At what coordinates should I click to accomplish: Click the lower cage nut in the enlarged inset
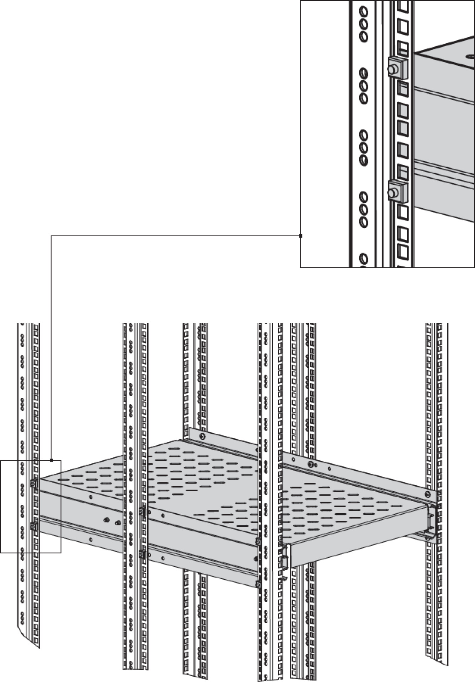click(395, 192)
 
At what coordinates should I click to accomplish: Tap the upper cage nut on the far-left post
click(34, 483)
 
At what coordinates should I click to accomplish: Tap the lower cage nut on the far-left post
click(34, 526)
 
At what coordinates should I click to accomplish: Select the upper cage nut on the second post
click(142, 512)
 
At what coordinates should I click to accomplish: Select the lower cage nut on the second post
click(142, 554)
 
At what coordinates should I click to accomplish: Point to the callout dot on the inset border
click(301, 236)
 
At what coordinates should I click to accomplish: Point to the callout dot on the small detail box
click(52, 460)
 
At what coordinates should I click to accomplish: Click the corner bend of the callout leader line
click(52, 236)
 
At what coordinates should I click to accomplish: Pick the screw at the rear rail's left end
click(203, 437)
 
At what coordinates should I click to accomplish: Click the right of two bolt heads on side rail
click(118, 523)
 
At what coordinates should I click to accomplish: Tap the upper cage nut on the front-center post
click(258, 541)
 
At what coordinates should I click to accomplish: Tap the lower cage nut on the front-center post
click(258, 583)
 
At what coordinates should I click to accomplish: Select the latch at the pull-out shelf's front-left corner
click(285, 561)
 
